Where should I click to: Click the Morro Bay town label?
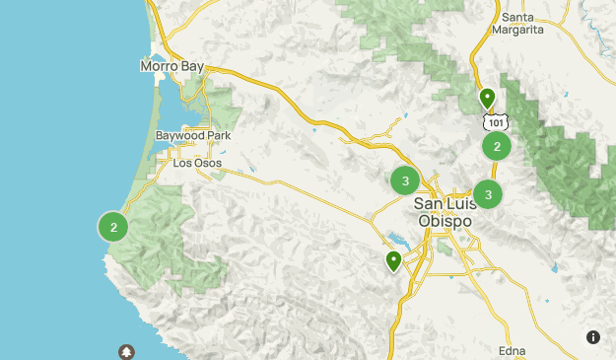coord(171,66)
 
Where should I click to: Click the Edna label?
coord(513,351)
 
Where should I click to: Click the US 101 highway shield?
coord(496,121)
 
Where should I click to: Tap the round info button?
coord(592,336)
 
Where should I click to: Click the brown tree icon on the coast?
coord(126,351)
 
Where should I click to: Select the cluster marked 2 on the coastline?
coord(114,227)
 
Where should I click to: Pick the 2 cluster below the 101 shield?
coord(497,147)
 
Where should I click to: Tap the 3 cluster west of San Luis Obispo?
coord(405,181)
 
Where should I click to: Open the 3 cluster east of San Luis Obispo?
coord(488,194)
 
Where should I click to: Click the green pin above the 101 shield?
coord(487,99)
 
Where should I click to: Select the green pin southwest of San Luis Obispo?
coord(393,260)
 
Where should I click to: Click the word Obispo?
coord(445,221)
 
